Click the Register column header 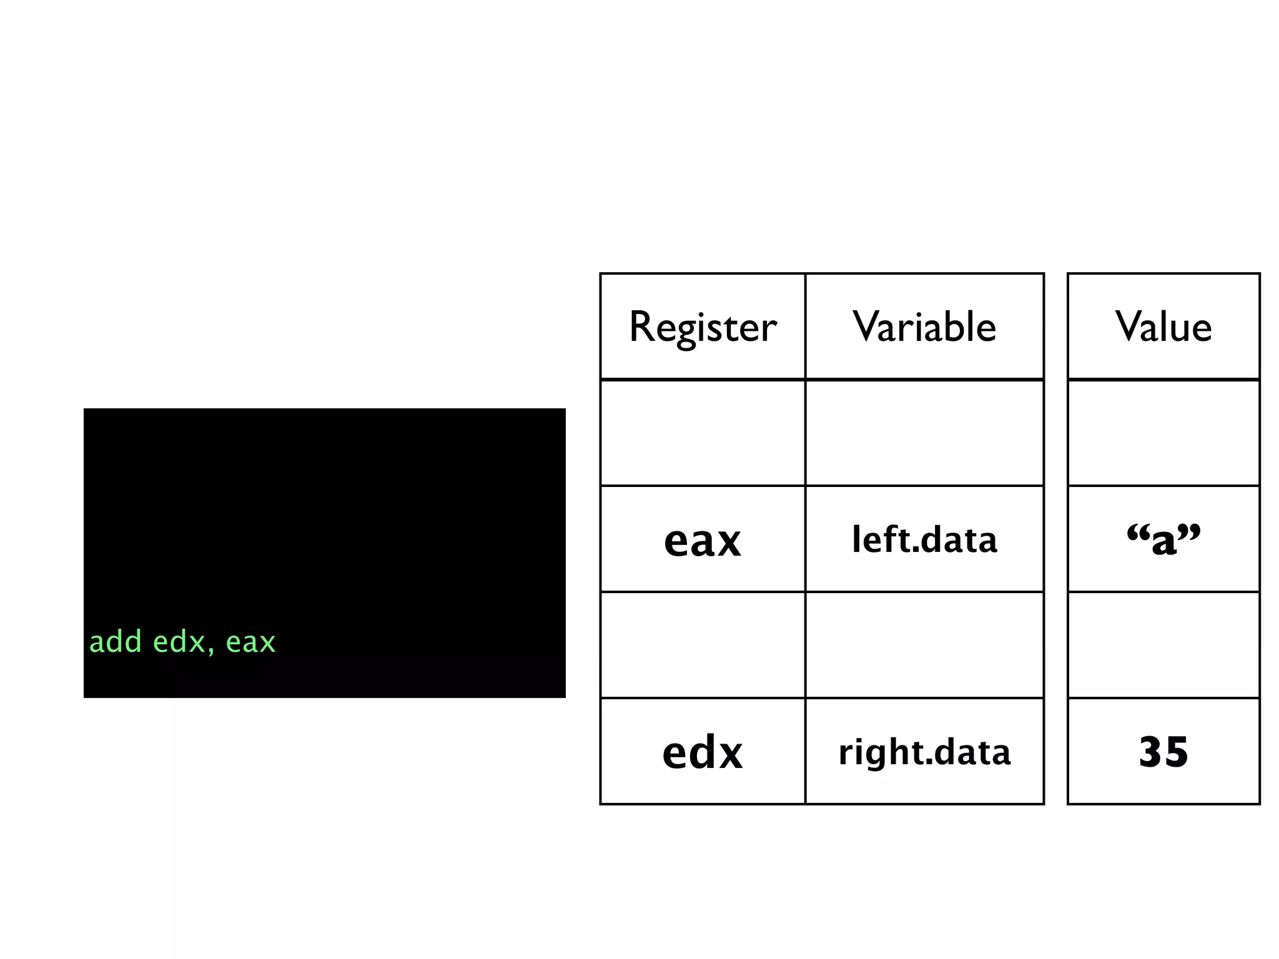click(x=703, y=327)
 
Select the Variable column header click(x=924, y=327)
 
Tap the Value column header click(x=1163, y=327)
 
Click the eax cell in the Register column click(x=703, y=540)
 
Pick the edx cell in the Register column click(x=703, y=752)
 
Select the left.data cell click(x=924, y=539)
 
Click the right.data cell click(x=924, y=752)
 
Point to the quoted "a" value click(x=1163, y=539)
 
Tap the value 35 click(x=1163, y=752)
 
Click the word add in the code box click(x=116, y=642)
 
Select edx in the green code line click(x=179, y=642)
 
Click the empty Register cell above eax click(x=703, y=433)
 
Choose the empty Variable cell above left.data click(x=924, y=433)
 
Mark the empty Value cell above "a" click(x=1163, y=433)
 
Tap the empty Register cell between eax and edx click(x=703, y=645)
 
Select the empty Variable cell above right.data click(x=924, y=645)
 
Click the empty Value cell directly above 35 click(x=1163, y=645)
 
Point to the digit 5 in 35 click(x=1176, y=752)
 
